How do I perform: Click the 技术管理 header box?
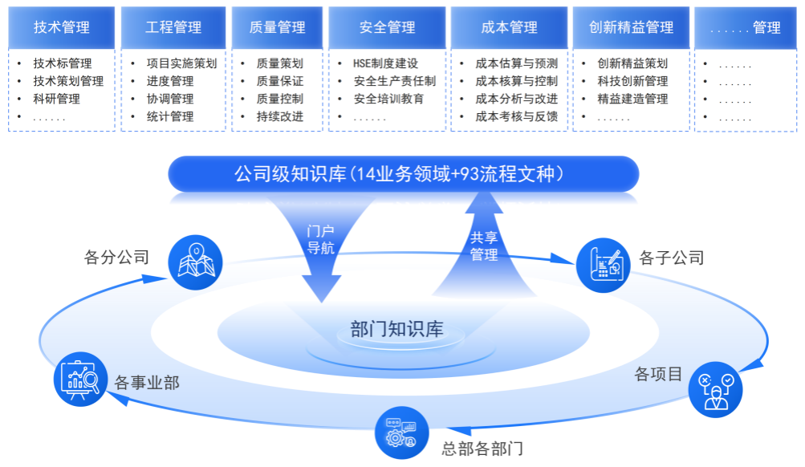click(62, 27)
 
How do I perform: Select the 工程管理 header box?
click(173, 27)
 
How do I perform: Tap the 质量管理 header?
click(278, 27)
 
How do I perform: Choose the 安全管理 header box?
click(388, 27)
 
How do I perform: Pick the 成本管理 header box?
click(509, 27)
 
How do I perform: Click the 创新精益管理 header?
click(630, 27)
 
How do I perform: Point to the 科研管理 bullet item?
click(57, 99)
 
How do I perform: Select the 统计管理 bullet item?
click(170, 116)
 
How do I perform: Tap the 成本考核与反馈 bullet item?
click(516, 116)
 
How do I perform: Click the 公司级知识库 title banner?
click(403, 173)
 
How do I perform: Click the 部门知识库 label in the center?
click(396, 328)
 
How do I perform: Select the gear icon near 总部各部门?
click(400, 433)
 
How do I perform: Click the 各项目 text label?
click(658, 374)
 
